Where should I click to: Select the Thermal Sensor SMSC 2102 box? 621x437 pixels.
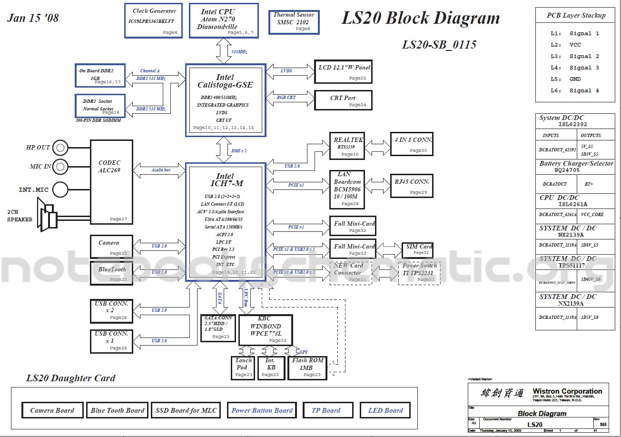point(294,22)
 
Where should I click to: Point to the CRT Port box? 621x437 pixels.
point(343,100)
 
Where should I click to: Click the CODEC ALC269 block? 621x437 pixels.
point(111,181)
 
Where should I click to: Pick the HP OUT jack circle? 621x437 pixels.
point(60,148)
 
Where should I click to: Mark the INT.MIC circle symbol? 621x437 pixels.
point(60,189)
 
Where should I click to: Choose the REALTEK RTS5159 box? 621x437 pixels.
point(347,146)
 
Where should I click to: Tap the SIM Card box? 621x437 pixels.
point(418,249)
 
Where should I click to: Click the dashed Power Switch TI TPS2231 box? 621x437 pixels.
point(419,273)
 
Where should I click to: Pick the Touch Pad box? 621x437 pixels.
point(243,368)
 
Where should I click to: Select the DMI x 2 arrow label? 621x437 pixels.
point(239,150)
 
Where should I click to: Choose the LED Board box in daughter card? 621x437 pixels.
point(385,410)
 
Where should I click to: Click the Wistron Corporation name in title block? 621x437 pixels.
point(567,391)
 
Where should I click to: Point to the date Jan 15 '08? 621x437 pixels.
point(33,19)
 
